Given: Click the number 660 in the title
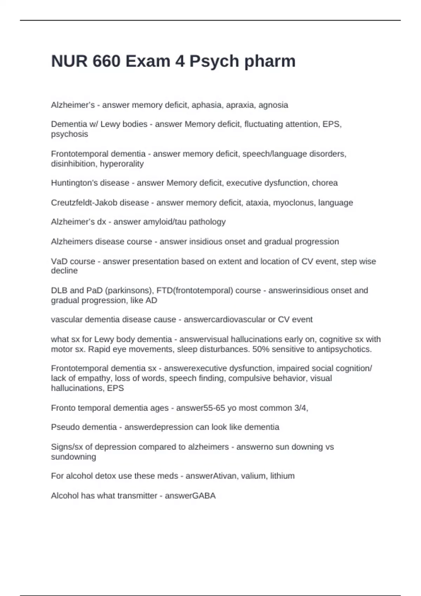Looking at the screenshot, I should click(107, 61).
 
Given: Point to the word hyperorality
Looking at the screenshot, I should click(122, 164).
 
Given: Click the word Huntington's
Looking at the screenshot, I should click(73, 183).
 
